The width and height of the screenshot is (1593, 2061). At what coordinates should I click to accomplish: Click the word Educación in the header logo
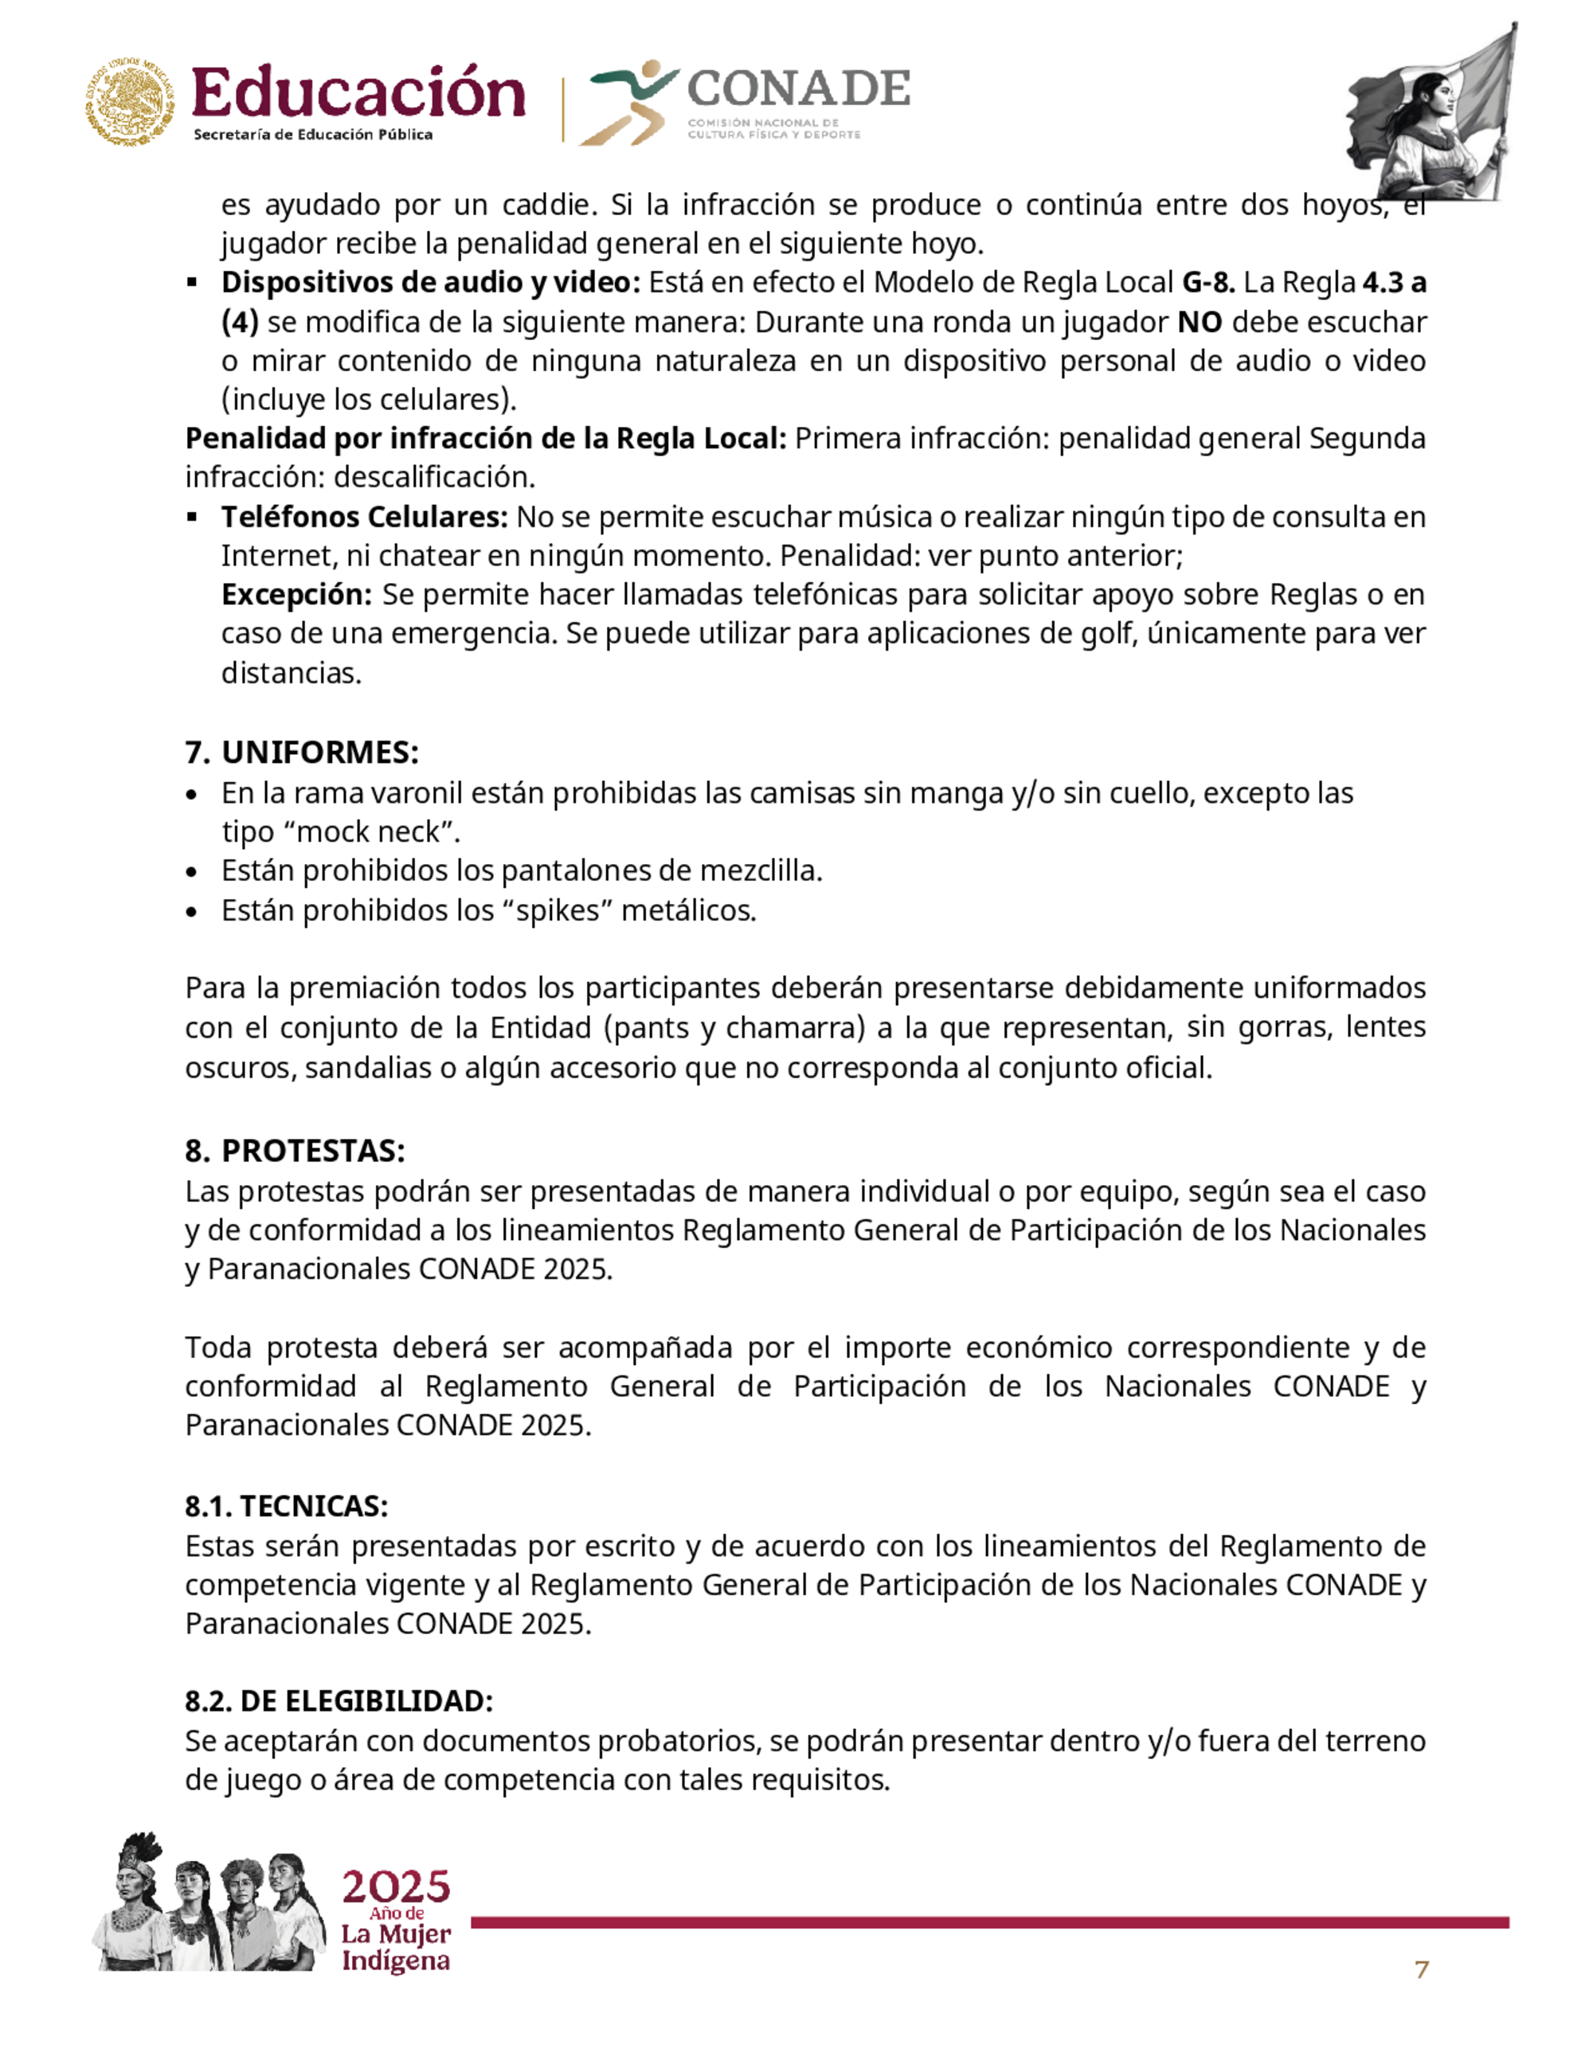[x=358, y=94]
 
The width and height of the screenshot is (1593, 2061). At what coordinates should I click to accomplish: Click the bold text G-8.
[x=1208, y=282]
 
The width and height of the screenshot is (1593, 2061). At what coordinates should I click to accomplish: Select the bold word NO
[x=1200, y=322]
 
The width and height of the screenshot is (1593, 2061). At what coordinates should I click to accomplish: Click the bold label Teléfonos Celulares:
[x=364, y=517]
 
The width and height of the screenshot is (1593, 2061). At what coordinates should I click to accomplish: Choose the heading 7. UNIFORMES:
[x=302, y=752]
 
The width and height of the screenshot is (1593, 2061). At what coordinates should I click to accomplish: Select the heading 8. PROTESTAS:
[x=296, y=1150]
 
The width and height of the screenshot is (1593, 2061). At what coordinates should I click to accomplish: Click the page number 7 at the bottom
[x=1421, y=1969]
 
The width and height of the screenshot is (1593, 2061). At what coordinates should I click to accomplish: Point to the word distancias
[x=291, y=673]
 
